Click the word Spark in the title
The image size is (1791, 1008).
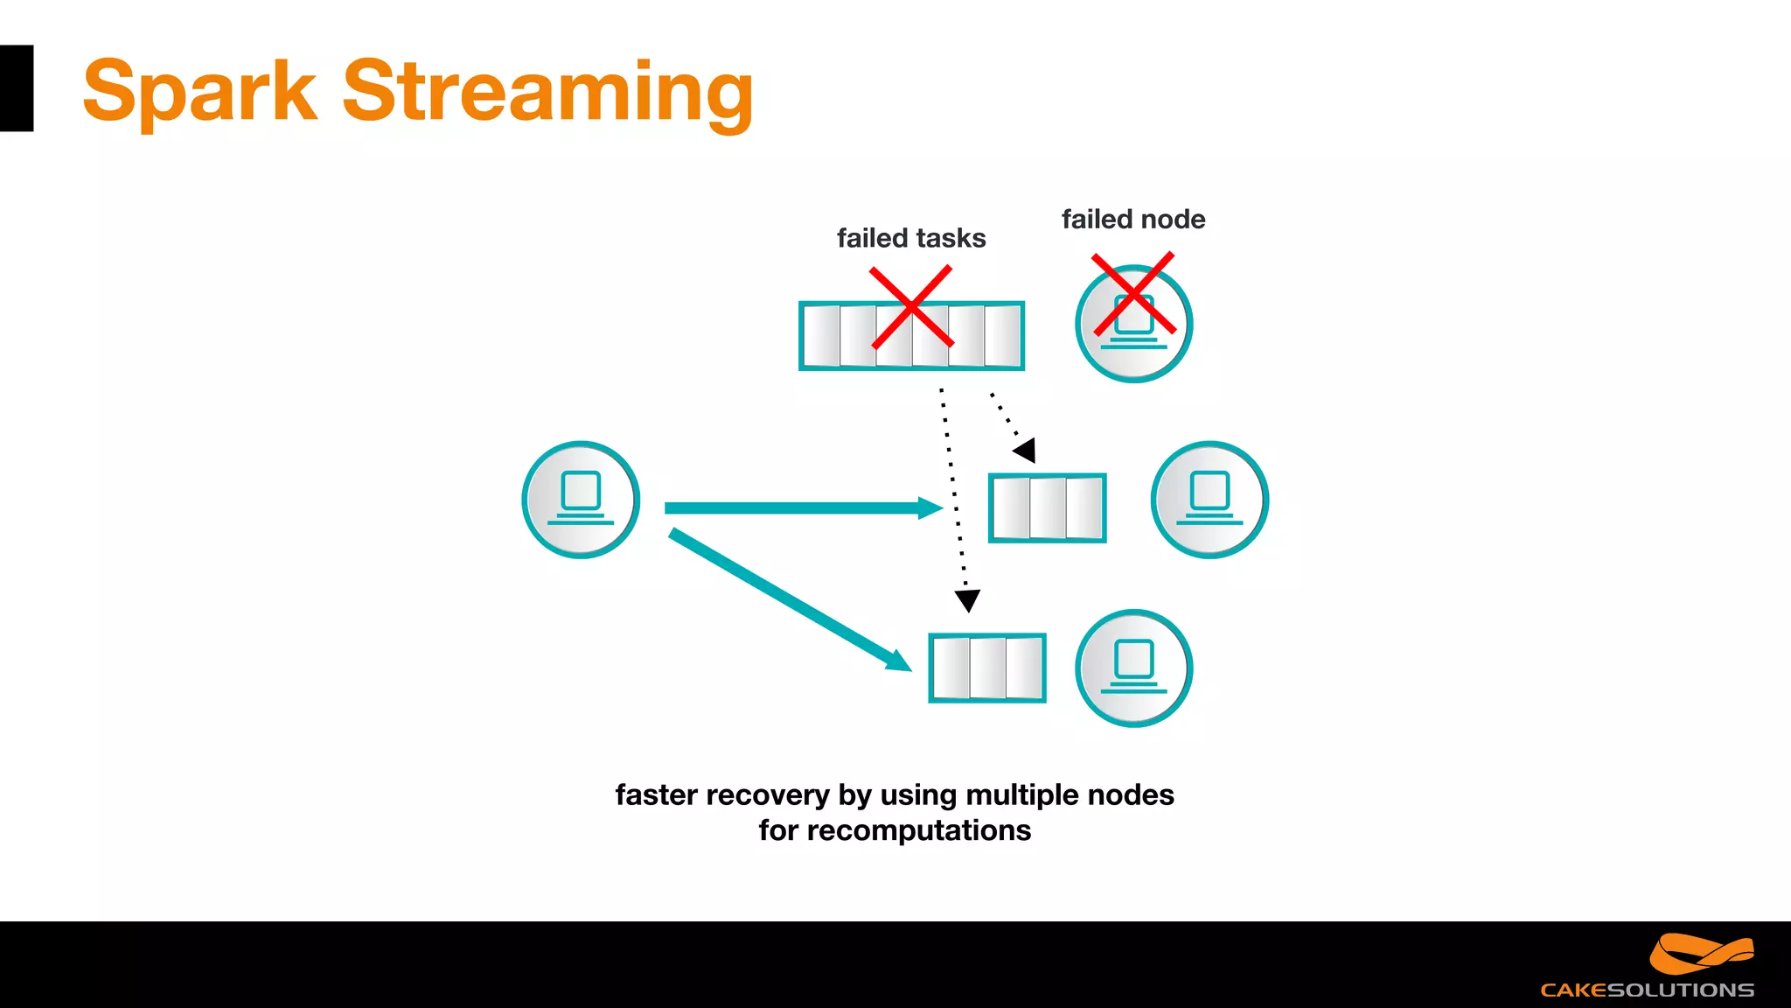click(199, 93)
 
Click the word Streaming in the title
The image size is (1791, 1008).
click(547, 93)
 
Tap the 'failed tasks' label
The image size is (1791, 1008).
click(910, 238)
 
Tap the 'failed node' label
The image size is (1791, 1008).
click(1132, 219)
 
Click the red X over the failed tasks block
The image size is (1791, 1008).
click(910, 307)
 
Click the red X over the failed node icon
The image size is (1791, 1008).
click(1133, 294)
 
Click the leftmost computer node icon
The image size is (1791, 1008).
click(581, 500)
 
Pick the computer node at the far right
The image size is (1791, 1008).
click(1209, 500)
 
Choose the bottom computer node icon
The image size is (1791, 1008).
click(1133, 668)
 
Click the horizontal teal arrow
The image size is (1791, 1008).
click(796, 508)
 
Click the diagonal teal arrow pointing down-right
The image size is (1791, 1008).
click(787, 599)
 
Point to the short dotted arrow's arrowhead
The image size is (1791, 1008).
click(1026, 451)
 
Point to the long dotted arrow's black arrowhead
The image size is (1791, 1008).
click(967, 600)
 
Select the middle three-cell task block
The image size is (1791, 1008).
click(1047, 508)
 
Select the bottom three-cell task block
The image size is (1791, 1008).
click(986, 668)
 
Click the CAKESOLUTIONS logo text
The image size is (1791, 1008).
click(1647, 990)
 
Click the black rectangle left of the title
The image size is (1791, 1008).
click(16, 88)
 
